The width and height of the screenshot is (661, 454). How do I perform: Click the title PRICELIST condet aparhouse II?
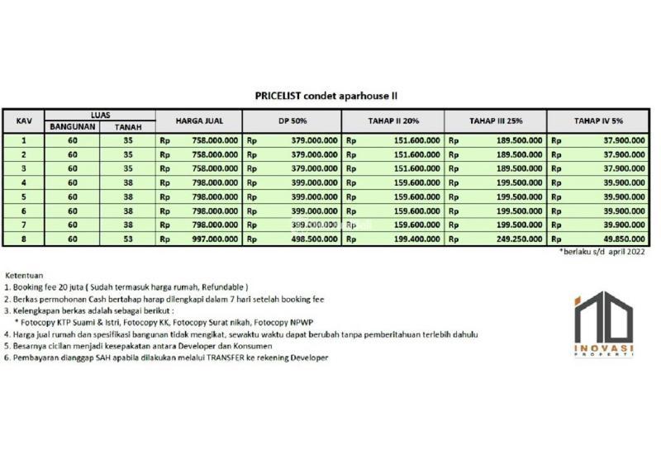tap(329, 96)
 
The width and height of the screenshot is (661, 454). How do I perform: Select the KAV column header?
tap(24, 121)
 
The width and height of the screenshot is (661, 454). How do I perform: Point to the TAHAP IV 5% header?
tap(597, 121)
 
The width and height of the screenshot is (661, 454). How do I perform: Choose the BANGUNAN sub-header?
tap(74, 127)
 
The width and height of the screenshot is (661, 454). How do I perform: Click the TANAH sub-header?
tap(126, 127)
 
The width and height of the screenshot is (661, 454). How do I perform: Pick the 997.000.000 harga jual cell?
tap(212, 239)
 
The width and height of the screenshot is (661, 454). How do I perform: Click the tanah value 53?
tap(126, 239)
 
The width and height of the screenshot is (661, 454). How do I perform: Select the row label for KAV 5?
tap(24, 197)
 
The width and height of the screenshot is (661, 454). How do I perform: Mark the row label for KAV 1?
tap(24, 141)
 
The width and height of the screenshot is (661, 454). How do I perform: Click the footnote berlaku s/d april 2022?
tap(602, 252)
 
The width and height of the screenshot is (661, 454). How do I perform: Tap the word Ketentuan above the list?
tap(25, 274)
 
